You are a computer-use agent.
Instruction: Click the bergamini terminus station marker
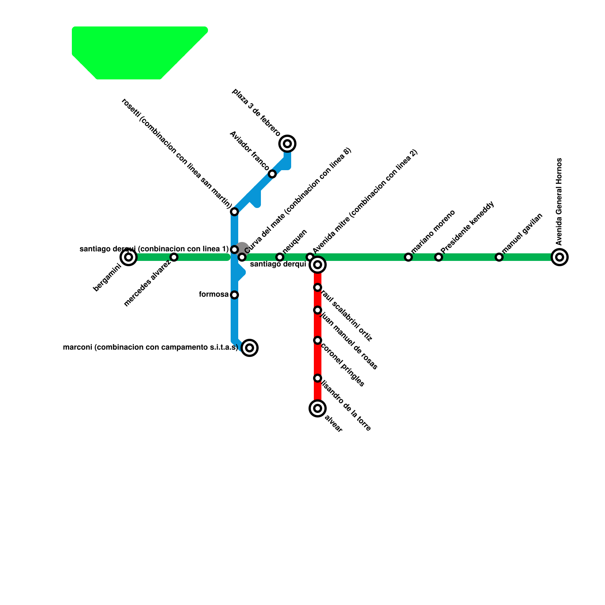click(x=129, y=257)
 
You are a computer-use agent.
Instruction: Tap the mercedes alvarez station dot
click(x=174, y=257)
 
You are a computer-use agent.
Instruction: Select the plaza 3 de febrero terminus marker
click(x=287, y=144)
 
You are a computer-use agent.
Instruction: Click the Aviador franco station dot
click(x=272, y=174)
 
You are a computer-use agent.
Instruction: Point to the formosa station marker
click(x=234, y=295)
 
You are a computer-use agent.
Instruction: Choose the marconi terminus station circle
click(x=250, y=348)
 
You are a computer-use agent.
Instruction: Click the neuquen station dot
click(x=280, y=257)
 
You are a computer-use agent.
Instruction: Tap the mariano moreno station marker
click(x=408, y=257)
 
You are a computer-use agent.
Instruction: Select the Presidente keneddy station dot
click(x=439, y=257)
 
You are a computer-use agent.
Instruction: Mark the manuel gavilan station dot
click(x=499, y=257)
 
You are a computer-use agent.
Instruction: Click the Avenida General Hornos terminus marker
click(x=560, y=257)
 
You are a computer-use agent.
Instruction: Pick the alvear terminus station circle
click(x=318, y=408)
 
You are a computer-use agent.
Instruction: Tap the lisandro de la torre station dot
click(x=318, y=378)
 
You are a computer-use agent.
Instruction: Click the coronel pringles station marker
click(x=318, y=340)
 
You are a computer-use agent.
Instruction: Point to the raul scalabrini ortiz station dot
click(x=318, y=287)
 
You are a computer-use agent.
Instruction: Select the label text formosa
click(x=214, y=295)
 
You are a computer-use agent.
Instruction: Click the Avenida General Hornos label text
click(x=560, y=202)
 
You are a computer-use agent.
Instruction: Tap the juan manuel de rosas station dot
click(x=318, y=310)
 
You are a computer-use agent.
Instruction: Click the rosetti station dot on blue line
click(x=234, y=212)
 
